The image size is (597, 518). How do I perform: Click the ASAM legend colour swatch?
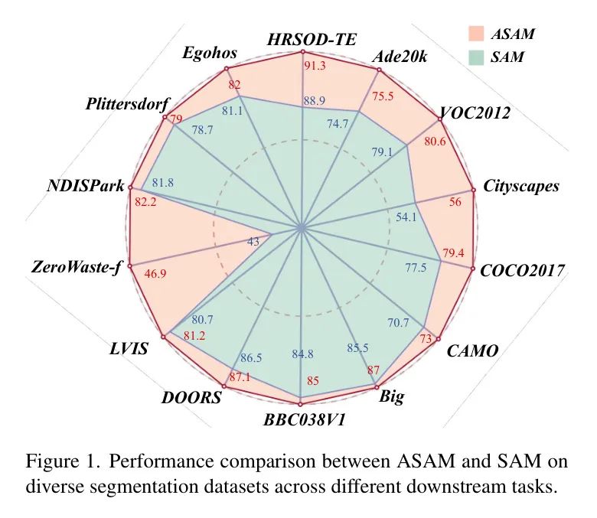coord(476,34)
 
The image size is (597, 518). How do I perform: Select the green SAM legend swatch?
coord(476,57)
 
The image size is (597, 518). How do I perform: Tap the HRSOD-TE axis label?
coord(312,40)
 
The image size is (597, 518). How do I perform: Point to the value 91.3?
coord(315,66)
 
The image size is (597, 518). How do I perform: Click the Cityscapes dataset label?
coord(521,186)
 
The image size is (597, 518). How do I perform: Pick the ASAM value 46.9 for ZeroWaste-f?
coord(155,273)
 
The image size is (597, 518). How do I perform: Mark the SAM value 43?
coord(253,241)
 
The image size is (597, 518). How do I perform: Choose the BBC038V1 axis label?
coord(304,420)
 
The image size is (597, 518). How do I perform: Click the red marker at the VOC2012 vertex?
coord(441,119)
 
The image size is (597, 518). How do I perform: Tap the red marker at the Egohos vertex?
coord(226,69)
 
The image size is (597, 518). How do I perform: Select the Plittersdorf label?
coord(127,103)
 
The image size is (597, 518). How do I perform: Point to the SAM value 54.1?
coord(406,217)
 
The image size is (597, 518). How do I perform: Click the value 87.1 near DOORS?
coord(240,377)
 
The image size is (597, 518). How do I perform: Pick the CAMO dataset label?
coord(472,351)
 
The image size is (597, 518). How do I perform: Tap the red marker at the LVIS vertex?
coord(164,337)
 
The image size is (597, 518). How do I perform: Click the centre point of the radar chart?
coord(302,228)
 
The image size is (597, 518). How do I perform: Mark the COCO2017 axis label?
coord(522,271)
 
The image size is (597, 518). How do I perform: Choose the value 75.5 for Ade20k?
coord(383,96)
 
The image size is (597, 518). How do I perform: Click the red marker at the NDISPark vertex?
coord(131,187)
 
